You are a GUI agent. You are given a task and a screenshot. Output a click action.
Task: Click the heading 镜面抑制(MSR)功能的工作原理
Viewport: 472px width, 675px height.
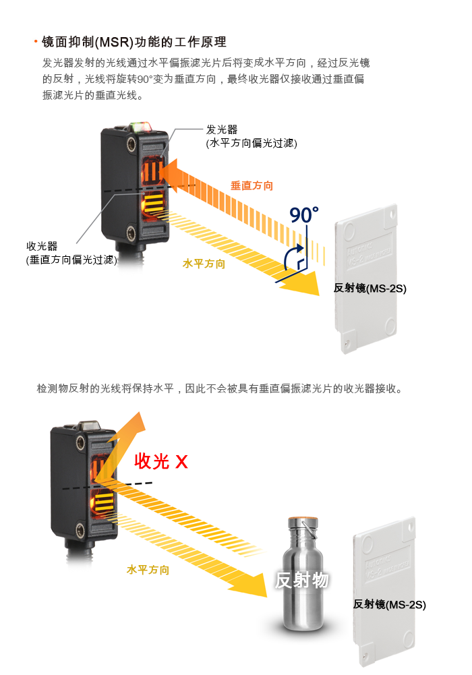coord(134,42)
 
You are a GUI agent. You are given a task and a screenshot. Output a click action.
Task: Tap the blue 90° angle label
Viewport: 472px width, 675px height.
coord(304,215)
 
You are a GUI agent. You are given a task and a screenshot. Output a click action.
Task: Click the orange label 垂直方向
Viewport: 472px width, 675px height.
coord(252,185)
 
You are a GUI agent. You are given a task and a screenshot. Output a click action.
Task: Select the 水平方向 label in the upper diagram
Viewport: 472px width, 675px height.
coord(204,264)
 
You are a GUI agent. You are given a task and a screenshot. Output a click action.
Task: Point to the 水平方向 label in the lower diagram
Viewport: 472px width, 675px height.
coord(148,570)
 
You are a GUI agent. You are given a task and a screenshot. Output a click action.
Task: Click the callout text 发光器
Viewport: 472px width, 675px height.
coord(222,129)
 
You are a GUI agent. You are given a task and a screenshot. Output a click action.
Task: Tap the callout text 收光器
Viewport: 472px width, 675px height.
coord(42,246)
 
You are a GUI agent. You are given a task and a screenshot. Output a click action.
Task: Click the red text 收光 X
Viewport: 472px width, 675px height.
coord(161,461)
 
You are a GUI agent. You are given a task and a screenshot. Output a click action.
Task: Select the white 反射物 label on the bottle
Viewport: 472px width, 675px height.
coord(302,581)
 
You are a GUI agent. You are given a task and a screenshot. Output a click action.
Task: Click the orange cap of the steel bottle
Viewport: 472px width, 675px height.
coord(303,519)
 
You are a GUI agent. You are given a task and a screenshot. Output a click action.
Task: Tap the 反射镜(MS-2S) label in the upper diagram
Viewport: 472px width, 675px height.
coord(370,288)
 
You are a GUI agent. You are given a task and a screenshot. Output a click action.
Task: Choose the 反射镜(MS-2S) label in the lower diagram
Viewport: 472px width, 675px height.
coord(389,604)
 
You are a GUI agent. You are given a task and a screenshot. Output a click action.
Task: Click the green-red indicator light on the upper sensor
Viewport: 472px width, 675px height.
coord(140,126)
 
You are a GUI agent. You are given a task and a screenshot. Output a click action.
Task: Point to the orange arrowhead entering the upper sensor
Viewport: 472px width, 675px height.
coord(169,175)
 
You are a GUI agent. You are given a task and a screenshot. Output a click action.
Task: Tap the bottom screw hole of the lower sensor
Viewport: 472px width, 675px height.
coord(80,530)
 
